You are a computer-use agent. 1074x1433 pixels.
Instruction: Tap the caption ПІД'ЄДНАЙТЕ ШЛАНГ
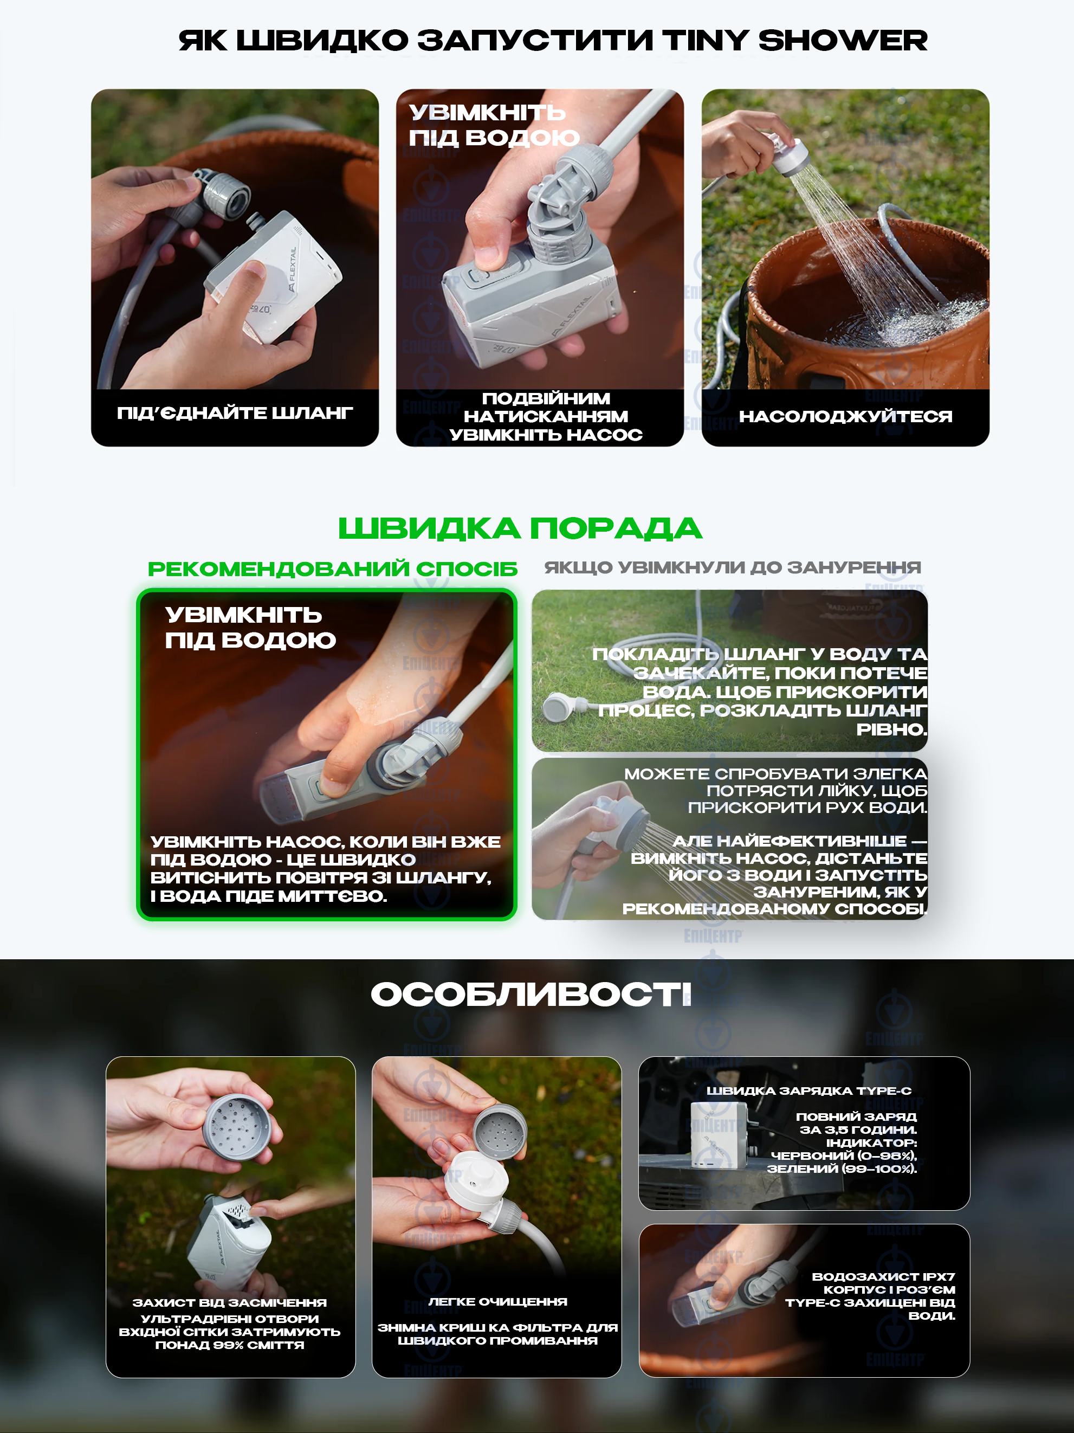pyautogui.click(x=235, y=412)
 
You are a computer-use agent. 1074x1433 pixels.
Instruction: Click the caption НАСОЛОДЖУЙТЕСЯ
pyautogui.click(x=845, y=417)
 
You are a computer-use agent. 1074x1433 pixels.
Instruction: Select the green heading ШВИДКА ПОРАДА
pyautogui.click(x=520, y=528)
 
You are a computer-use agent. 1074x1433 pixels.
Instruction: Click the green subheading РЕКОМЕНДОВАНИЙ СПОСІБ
pyautogui.click(x=332, y=569)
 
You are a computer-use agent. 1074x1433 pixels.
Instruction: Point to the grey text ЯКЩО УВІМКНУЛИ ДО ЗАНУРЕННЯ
pyautogui.click(x=732, y=567)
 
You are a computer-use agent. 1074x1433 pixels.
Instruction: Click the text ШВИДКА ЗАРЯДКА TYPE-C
pyautogui.click(x=808, y=1091)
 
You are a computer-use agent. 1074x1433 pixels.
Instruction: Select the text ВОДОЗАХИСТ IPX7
pyautogui.click(x=883, y=1277)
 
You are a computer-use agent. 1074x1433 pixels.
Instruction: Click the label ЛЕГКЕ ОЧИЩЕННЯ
pyautogui.click(x=497, y=1301)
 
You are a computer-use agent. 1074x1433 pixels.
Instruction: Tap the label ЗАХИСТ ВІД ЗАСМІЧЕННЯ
pyautogui.click(x=230, y=1302)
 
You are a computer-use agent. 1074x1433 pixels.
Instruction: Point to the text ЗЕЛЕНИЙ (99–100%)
pyautogui.click(x=842, y=1169)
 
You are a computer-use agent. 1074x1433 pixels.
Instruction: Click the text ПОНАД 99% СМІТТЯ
pyautogui.click(x=230, y=1345)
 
